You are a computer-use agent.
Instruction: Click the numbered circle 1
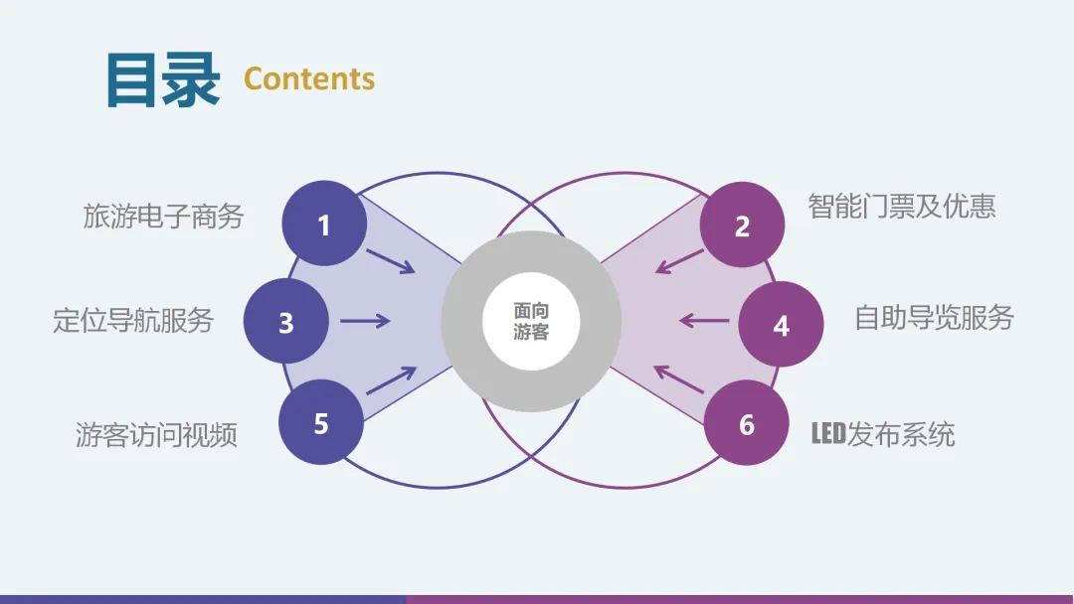[324, 225]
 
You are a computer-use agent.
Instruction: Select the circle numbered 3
[286, 322]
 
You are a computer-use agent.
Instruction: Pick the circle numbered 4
[781, 324]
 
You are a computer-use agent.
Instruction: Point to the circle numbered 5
[321, 423]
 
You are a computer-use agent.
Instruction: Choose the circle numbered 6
[747, 424]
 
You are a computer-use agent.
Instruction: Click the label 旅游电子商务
[163, 216]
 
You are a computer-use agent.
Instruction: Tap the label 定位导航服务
[133, 320]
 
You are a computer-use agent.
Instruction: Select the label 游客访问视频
[156, 434]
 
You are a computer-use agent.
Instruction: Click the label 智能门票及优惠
[902, 206]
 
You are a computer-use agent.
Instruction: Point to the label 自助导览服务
[934, 317]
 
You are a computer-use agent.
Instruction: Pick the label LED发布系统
[883, 434]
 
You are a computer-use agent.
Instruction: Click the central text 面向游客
[531, 322]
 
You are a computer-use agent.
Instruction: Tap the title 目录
[163, 79]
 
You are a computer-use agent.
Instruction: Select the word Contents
[309, 78]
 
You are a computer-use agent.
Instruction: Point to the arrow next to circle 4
[703, 320]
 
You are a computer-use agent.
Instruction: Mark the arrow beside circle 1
[390, 260]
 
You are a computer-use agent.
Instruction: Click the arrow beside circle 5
[390, 380]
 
